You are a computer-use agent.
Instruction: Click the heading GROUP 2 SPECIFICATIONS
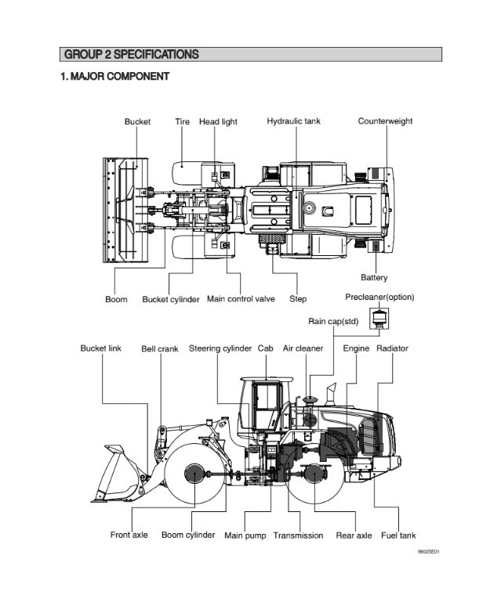pos(131,55)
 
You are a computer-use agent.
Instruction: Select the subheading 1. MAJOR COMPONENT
pos(114,77)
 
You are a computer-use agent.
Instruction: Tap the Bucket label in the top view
pos(137,121)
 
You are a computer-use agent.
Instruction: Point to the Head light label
pos(218,121)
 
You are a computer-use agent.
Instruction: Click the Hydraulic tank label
pos(293,121)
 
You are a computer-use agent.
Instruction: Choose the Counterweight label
pos(385,121)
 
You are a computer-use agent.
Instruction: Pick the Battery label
pos(374,277)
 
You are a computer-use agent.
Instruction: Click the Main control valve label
pos(241,299)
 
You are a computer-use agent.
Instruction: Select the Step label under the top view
pos(298,299)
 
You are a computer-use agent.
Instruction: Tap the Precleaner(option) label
pos(379,298)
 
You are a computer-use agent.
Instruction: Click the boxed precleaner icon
pos(379,318)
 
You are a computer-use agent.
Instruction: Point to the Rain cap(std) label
pos(333,321)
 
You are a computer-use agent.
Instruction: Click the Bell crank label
pos(159,348)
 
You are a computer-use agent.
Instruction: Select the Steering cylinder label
pos(220,348)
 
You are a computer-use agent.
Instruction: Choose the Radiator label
pos(392,348)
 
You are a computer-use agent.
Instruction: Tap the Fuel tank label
pos(398,536)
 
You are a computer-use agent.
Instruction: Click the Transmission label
pos(298,536)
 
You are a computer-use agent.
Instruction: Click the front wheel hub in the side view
pos(194,473)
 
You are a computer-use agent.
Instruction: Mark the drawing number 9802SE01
pos(428,553)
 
